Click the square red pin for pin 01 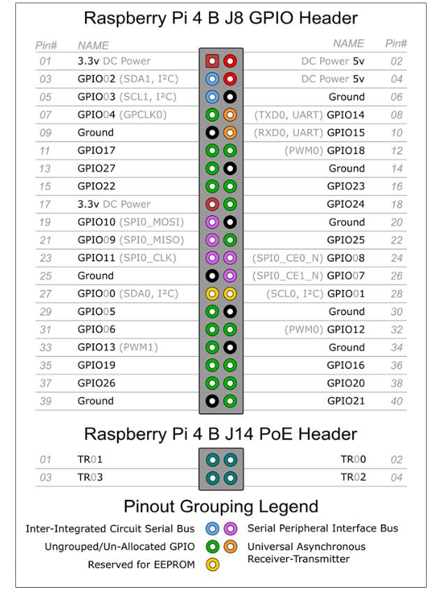click(x=213, y=61)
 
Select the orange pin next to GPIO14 click(x=229, y=114)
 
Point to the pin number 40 click(x=396, y=401)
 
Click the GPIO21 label click(x=346, y=401)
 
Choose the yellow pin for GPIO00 click(x=213, y=294)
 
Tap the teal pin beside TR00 click(x=229, y=459)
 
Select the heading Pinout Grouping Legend click(x=221, y=506)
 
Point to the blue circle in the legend click(x=213, y=529)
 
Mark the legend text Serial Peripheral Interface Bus click(x=322, y=529)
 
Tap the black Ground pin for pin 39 click(x=213, y=401)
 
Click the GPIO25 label click(x=346, y=240)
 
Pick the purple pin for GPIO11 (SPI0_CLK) click(x=213, y=258)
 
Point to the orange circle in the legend click(x=229, y=547)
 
